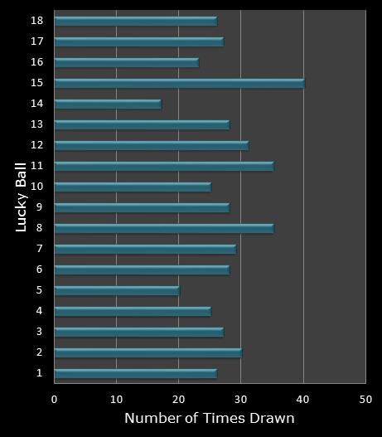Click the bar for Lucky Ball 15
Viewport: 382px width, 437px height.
coord(179,83)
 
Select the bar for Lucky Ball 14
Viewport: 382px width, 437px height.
coord(108,104)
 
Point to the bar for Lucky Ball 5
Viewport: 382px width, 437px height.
coord(117,290)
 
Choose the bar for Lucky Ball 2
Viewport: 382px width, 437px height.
coord(148,352)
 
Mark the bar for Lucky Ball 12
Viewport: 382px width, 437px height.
coord(152,145)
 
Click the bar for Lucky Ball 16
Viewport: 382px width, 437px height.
coord(127,62)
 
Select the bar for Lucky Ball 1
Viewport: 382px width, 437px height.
coord(136,373)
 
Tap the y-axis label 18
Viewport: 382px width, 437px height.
coord(37,20)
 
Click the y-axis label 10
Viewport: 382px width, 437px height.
coord(37,186)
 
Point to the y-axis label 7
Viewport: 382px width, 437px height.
coord(40,248)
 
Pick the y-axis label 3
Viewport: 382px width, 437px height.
coord(40,332)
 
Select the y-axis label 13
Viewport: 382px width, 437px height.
coord(37,124)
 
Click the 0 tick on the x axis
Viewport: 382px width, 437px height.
coord(55,398)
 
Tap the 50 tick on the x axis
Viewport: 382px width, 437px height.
coord(365,398)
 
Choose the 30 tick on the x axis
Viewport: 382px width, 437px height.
coord(241,398)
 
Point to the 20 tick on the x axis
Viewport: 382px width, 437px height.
coord(179,398)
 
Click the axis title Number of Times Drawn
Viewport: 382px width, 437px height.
coord(210,418)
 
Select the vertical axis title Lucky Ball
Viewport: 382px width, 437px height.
coord(22,197)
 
